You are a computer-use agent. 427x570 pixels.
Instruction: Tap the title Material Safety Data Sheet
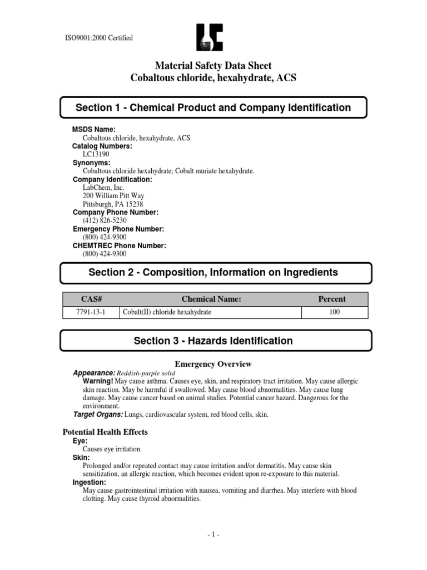213,66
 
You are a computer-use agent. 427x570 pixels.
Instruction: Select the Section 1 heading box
213,107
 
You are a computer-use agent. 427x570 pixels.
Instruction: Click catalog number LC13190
96,154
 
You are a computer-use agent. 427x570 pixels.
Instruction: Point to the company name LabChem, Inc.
103,188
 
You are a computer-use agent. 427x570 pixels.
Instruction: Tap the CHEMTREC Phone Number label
120,245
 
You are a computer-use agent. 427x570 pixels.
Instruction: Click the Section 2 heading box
213,273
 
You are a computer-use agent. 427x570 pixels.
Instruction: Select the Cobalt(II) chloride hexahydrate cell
167,312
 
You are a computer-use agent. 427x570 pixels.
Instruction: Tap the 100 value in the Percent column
334,312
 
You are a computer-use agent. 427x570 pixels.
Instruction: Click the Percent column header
332,299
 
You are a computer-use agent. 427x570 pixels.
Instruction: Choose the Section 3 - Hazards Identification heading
213,341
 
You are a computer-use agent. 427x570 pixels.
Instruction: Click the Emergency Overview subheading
213,364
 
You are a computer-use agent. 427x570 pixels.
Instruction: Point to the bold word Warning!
98,381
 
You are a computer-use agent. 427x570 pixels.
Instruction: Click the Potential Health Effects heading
104,432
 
